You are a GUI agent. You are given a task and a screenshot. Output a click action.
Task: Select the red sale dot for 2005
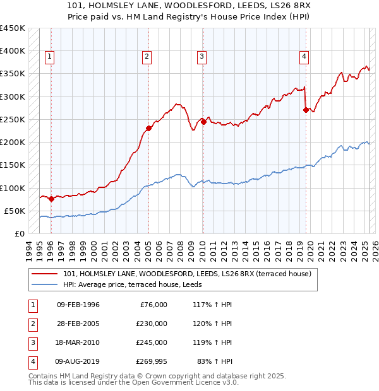[148, 129]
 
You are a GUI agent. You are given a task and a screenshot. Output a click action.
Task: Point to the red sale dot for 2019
[306, 110]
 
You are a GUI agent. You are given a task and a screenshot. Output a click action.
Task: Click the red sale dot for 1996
[51, 199]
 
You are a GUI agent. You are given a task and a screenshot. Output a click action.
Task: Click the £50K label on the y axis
[15, 211]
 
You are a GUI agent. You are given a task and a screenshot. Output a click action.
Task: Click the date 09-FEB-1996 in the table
[78, 305]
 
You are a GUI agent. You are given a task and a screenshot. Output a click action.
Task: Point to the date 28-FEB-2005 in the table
[78, 324]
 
